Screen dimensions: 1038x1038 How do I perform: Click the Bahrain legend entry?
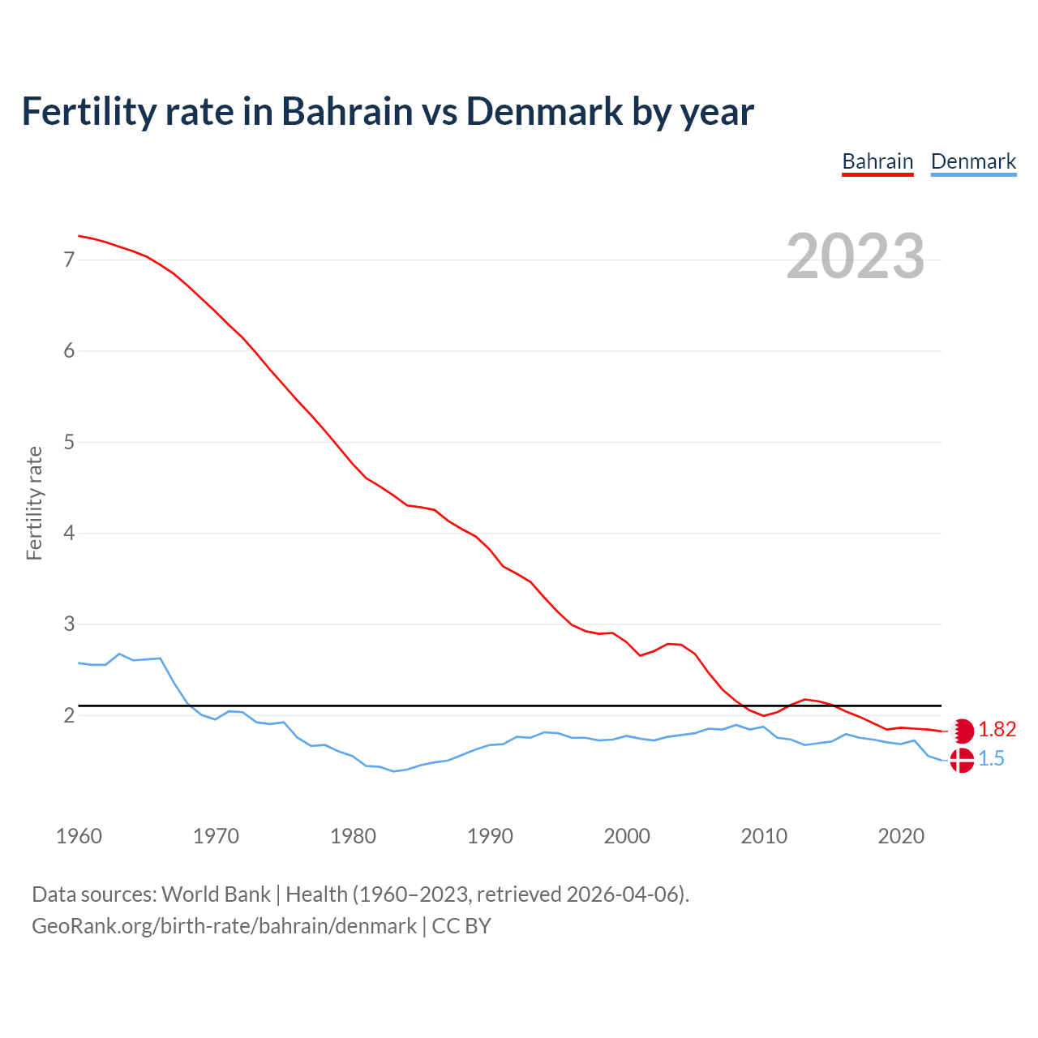[x=877, y=161]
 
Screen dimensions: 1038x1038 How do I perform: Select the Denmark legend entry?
[x=973, y=161]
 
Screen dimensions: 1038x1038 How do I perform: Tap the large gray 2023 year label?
[x=855, y=256]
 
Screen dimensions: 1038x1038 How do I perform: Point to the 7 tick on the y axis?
[x=69, y=259]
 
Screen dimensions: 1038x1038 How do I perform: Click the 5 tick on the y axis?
[x=69, y=442]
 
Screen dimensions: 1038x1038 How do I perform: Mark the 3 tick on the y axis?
[x=69, y=624]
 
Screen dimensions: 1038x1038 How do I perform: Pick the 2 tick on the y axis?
[x=69, y=715]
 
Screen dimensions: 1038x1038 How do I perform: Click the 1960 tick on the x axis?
[x=79, y=836]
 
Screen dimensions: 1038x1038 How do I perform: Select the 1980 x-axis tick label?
[x=353, y=836]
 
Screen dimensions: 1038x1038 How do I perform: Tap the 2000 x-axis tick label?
[x=627, y=836]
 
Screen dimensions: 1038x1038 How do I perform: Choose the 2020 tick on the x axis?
[x=901, y=836]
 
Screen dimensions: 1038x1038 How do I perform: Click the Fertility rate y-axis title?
[x=34, y=503]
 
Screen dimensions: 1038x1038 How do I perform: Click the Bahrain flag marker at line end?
[x=962, y=731]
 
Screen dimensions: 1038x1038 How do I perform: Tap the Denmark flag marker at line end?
[x=962, y=760]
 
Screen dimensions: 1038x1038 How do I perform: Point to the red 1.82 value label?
[x=997, y=730]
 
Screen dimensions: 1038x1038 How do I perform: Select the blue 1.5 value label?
[x=991, y=759]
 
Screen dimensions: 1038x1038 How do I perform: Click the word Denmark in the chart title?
[x=544, y=111]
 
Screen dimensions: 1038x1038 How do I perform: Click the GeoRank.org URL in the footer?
[x=224, y=925]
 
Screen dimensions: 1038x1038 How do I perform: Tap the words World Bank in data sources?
[x=216, y=894]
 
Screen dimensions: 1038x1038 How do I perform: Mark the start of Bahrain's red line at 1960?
[x=79, y=236]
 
